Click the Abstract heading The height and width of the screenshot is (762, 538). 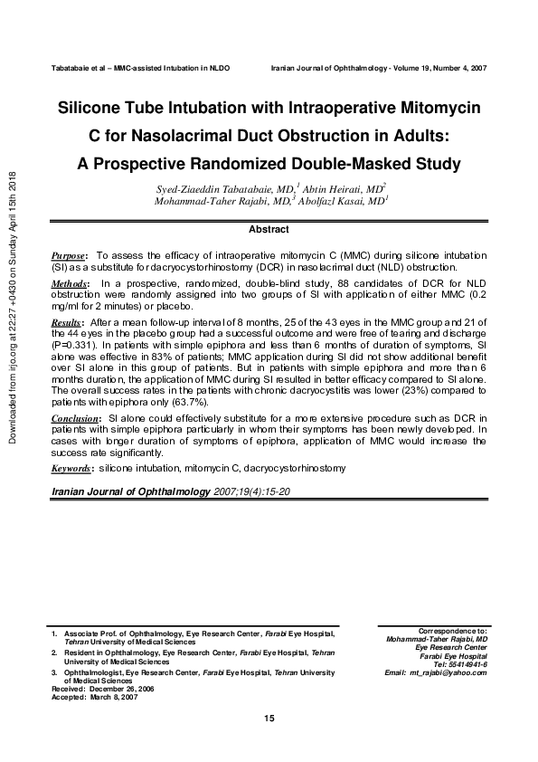point(268,230)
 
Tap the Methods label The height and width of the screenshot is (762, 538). point(70,284)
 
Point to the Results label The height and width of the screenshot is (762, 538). point(67,321)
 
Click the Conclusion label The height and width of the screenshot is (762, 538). point(74,419)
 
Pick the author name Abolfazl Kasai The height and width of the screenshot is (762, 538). point(347,201)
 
